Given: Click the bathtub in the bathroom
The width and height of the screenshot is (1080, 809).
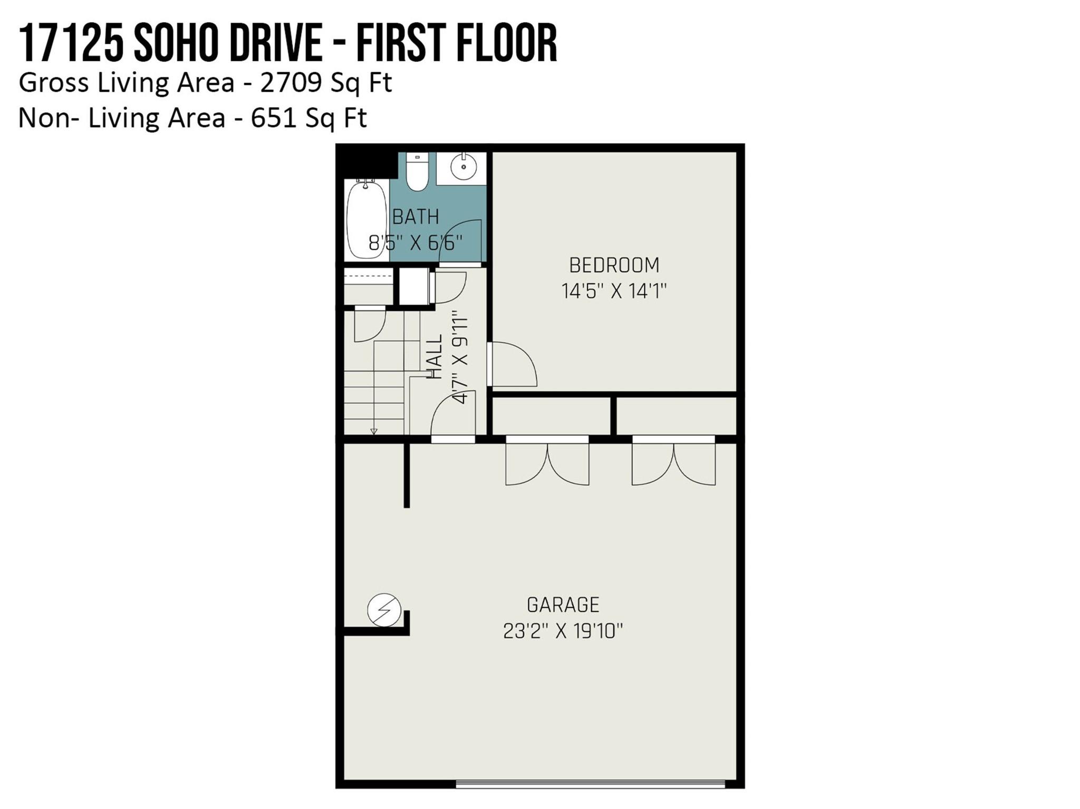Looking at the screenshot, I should tap(366, 219).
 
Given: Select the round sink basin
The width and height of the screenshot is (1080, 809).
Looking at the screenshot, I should tap(464, 167).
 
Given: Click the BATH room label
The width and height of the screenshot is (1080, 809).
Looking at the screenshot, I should tap(416, 217).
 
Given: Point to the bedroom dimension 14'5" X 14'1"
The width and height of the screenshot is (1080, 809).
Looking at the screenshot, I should tap(614, 291).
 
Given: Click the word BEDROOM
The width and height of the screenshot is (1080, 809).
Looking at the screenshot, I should tap(614, 265).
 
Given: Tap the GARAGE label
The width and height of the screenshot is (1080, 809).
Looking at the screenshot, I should tap(563, 605).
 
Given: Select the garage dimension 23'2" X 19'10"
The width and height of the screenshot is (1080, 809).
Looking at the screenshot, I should tap(563, 631).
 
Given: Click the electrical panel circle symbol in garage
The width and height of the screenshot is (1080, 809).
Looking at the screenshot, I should tap(384, 609).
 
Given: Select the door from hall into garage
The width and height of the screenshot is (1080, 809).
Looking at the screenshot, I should tap(453, 416).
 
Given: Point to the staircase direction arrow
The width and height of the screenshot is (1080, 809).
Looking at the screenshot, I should tap(374, 432).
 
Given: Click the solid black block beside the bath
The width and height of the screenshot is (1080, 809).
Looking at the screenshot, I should tap(367, 164).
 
